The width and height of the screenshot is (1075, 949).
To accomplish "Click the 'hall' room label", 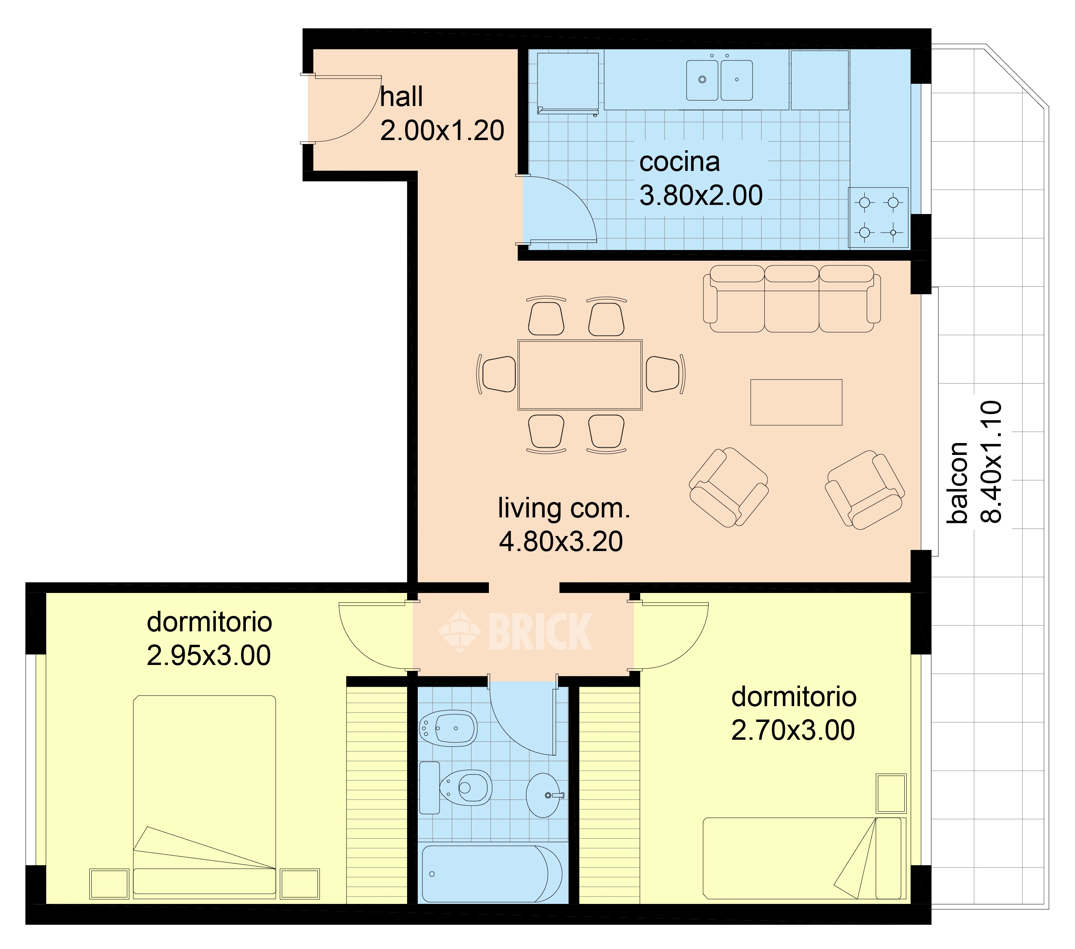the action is [401, 97].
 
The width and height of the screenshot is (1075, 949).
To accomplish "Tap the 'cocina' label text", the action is [679, 162].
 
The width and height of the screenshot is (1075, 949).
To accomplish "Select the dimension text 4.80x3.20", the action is [561, 542].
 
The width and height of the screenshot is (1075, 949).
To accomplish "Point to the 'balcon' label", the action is [957, 483].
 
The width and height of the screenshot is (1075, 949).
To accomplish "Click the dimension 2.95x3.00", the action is [209, 655].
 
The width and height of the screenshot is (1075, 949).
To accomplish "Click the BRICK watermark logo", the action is [515, 632].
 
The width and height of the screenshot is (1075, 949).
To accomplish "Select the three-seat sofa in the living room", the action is [792, 298].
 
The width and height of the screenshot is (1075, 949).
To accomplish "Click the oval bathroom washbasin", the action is [544, 795].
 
